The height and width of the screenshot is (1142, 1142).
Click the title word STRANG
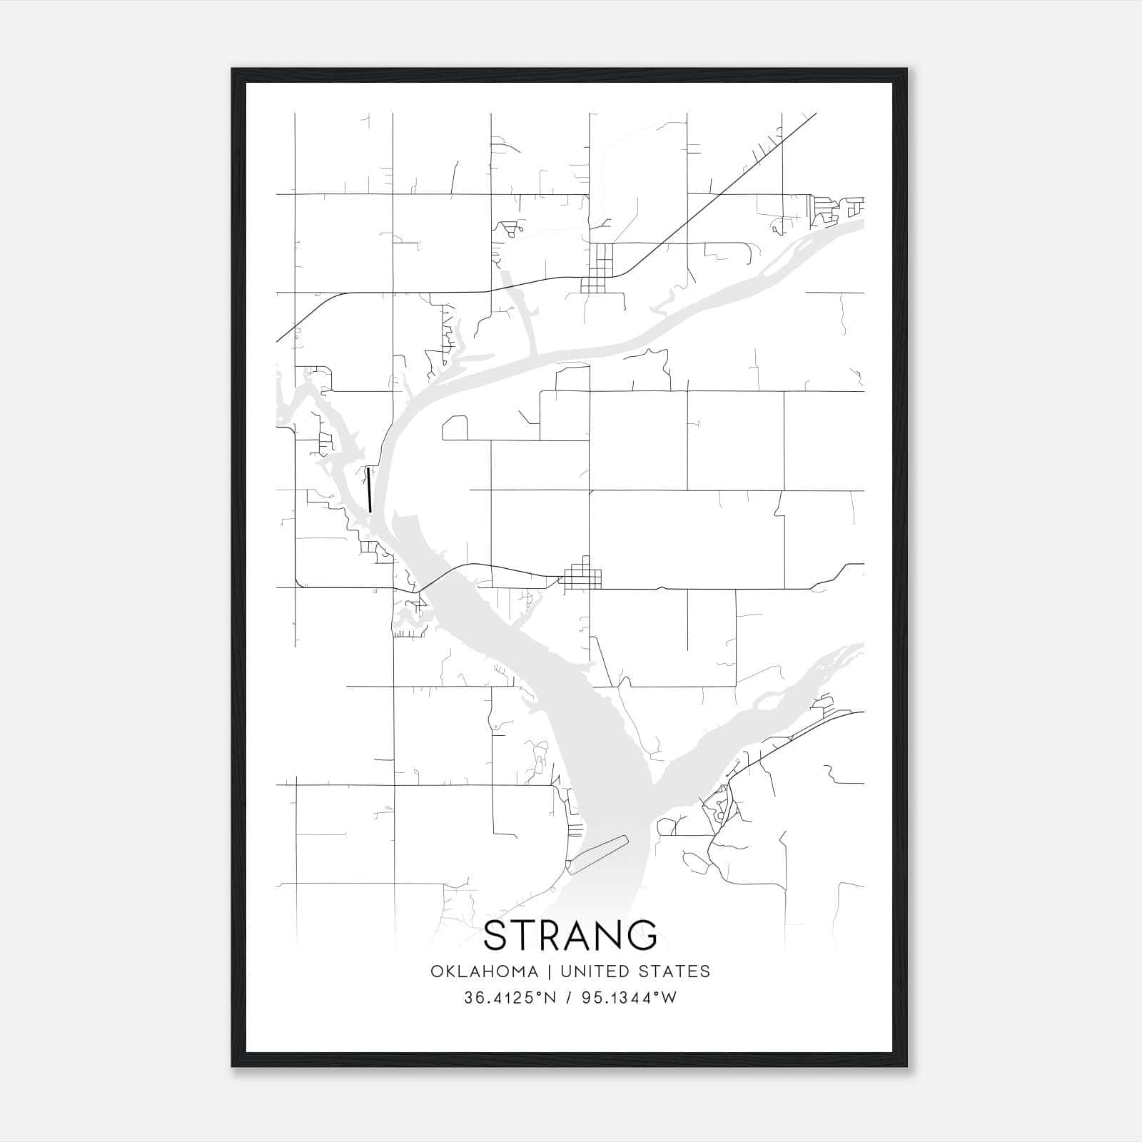(x=570, y=936)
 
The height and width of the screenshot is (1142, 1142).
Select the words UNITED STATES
(x=635, y=971)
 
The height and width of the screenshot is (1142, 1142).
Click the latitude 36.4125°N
(x=510, y=998)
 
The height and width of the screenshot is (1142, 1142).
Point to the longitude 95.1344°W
(x=629, y=998)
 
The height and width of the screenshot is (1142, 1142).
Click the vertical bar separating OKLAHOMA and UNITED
(x=550, y=971)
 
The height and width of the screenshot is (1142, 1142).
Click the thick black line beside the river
(x=369, y=490)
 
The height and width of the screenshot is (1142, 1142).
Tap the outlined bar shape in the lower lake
(x=597, y=854)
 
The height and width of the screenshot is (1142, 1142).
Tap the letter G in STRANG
(x=642, y=936)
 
